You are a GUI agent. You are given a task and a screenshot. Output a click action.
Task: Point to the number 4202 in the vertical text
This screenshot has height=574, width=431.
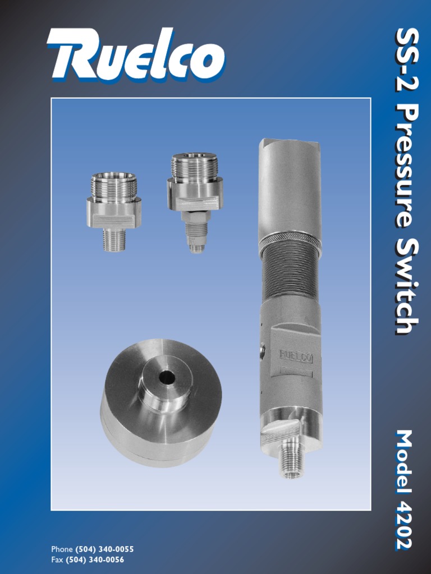[x=405, y=521]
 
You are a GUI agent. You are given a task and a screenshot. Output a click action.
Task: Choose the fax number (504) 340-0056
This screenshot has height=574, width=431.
[x=95, y=559]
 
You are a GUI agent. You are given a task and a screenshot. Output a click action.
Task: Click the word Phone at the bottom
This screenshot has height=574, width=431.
[x=62, y=549]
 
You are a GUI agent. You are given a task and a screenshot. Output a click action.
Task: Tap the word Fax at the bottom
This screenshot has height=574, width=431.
[x=57, y=559]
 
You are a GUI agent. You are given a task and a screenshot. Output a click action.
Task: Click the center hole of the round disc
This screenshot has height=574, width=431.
[x=167, y=377]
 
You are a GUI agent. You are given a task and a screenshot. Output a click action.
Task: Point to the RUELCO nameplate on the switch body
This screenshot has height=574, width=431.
[x=296, y=355]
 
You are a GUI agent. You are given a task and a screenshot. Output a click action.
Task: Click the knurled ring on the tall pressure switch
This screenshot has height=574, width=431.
[x=290, y=242]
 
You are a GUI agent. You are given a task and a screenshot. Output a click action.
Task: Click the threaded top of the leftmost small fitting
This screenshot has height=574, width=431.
[x=114, y=187]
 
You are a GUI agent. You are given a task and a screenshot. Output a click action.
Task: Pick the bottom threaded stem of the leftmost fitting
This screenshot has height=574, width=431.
[x=114, y=239]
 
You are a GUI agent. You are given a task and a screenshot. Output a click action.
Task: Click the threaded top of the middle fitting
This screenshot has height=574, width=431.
[x=194, y=166]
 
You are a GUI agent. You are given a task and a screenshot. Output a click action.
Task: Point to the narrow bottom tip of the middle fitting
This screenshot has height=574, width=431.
[x=196, y=247]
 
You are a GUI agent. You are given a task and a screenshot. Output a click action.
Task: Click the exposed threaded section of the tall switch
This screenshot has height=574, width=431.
[x=290, y=275]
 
